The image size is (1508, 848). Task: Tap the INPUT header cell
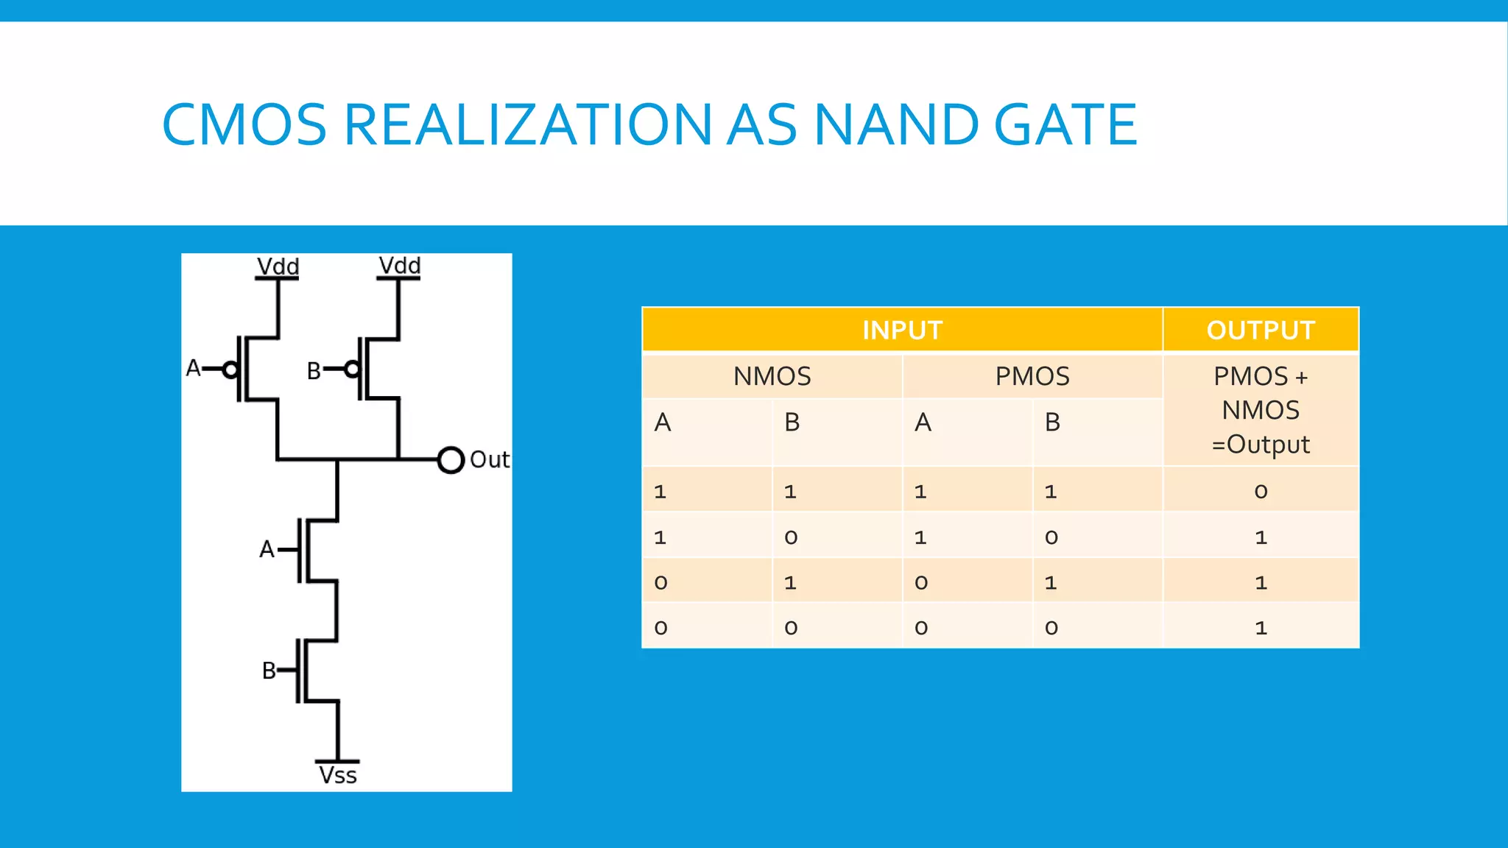(902, 330)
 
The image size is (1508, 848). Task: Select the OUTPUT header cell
(1261, 330)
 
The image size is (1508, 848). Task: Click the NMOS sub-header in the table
(772, 376)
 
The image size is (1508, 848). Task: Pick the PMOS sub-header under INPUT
(1032, 376)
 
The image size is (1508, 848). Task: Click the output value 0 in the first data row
(1261, 491)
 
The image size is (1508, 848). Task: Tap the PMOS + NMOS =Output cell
(1261, 410)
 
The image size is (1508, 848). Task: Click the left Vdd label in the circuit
(278, 266)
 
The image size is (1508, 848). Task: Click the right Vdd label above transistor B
(399, 265)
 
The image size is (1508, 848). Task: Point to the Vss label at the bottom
(338, 775)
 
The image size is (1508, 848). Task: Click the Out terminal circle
(451, 460)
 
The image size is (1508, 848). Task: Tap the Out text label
(489, 460)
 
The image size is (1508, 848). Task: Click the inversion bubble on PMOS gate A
(230, 370)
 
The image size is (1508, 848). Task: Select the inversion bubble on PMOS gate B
(352, 370)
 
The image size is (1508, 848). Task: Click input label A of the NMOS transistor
(267, 549)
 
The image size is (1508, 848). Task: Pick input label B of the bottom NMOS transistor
(269, 671)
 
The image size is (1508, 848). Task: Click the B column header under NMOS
(792, 423)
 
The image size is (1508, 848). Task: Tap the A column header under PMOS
(923, 423)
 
